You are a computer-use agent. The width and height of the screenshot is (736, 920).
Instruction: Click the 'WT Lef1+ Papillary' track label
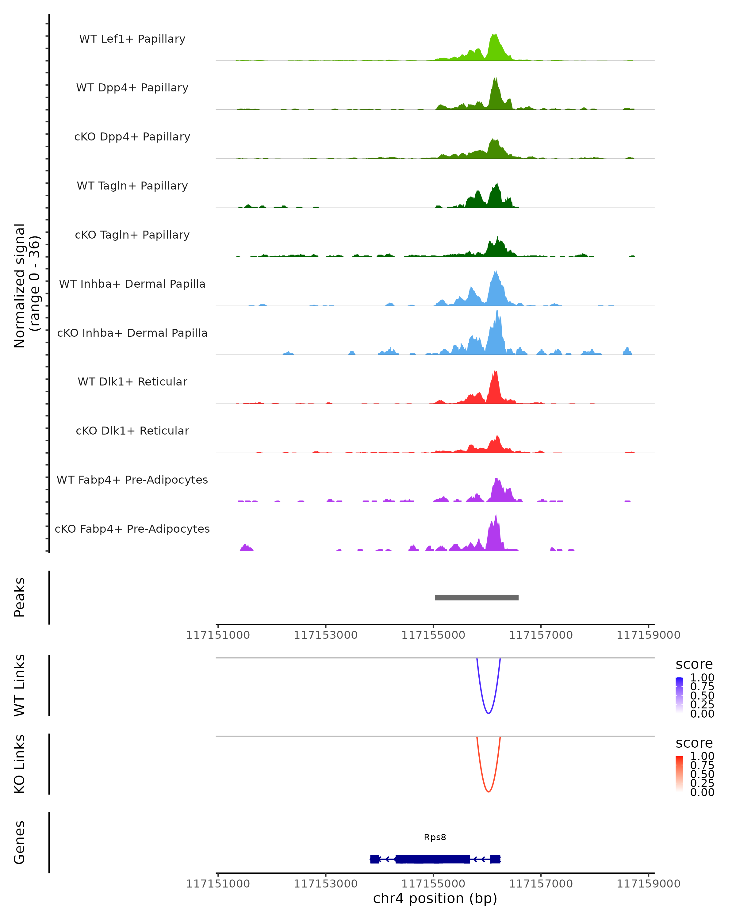(132, 39)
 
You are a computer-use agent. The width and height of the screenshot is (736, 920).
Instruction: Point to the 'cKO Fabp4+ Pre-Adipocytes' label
(132, 529)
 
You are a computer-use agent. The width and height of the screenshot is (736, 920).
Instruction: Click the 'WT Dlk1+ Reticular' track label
(132, 381)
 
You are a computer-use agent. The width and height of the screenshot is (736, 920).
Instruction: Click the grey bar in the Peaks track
(477, 597)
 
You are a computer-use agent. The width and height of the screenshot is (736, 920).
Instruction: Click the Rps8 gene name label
(435, 837)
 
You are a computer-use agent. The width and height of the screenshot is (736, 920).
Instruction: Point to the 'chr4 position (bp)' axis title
(435, 898)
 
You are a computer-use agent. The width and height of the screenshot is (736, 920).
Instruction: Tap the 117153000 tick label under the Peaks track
(326, 635)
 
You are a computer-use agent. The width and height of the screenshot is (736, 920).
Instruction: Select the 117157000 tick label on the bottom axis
(541, 884)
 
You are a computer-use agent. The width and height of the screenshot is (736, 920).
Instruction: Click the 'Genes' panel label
(20, 842)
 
